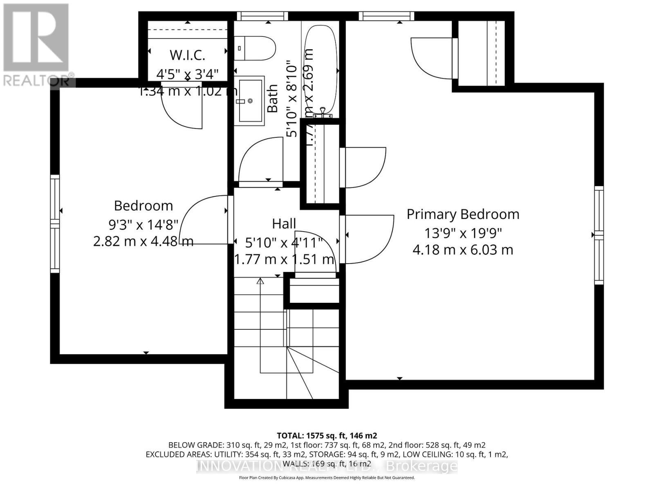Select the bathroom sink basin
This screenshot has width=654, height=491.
point(251,101)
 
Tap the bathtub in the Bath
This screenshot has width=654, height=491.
point(323,70)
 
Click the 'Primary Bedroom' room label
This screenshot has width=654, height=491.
point(463,214)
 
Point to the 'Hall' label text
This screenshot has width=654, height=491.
point(284,224)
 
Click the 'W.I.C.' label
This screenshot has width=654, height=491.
point(187,55)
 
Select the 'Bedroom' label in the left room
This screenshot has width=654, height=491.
point(143,205)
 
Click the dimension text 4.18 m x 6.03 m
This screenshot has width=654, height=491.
point(463,250)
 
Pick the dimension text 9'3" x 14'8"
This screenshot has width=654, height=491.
point(143,224)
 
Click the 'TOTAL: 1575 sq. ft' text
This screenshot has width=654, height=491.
point(327,435)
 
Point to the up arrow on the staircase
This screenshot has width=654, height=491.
point(260,282)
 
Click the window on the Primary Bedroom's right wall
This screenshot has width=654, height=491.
point(598,235)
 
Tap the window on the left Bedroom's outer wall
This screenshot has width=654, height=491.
point(55,223)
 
